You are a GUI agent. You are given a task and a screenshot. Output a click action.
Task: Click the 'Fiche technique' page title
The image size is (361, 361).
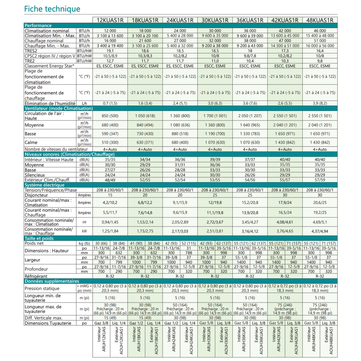point(52,9)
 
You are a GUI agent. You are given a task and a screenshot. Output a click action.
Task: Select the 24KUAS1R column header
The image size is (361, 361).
point(180,20)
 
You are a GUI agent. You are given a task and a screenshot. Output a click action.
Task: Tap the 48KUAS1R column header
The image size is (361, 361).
point(320,20)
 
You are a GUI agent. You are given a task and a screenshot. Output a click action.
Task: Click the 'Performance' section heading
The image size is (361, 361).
point(38,26)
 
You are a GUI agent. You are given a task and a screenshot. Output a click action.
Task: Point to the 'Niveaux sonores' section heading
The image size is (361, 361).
point(69,154)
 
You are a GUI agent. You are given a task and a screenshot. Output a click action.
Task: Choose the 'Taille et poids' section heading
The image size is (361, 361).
point(39,238)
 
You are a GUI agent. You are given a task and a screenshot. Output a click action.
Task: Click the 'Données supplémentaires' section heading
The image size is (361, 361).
point(52,281)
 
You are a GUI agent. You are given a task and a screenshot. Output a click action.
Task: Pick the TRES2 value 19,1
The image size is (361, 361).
point(110,51)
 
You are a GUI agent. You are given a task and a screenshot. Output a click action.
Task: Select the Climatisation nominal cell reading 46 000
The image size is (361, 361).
point(320,31)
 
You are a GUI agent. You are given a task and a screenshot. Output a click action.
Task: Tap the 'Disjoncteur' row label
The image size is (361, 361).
point(36,195)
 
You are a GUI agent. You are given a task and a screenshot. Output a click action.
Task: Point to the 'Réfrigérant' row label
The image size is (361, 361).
point(36,276)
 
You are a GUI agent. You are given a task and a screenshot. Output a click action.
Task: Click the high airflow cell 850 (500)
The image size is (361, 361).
point(110,116)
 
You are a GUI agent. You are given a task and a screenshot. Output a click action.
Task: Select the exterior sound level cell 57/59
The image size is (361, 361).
point(320,180)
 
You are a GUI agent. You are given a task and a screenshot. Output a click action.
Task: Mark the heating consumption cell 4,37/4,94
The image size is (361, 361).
point(320,231)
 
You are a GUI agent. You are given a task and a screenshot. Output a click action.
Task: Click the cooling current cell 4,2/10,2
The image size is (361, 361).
point(110,202)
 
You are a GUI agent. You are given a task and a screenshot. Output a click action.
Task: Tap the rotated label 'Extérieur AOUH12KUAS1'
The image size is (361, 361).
point(119,341)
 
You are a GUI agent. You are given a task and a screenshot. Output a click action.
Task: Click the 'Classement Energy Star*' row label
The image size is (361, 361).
point(49,66)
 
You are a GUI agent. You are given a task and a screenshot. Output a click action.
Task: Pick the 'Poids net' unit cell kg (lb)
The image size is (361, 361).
point(84,243)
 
